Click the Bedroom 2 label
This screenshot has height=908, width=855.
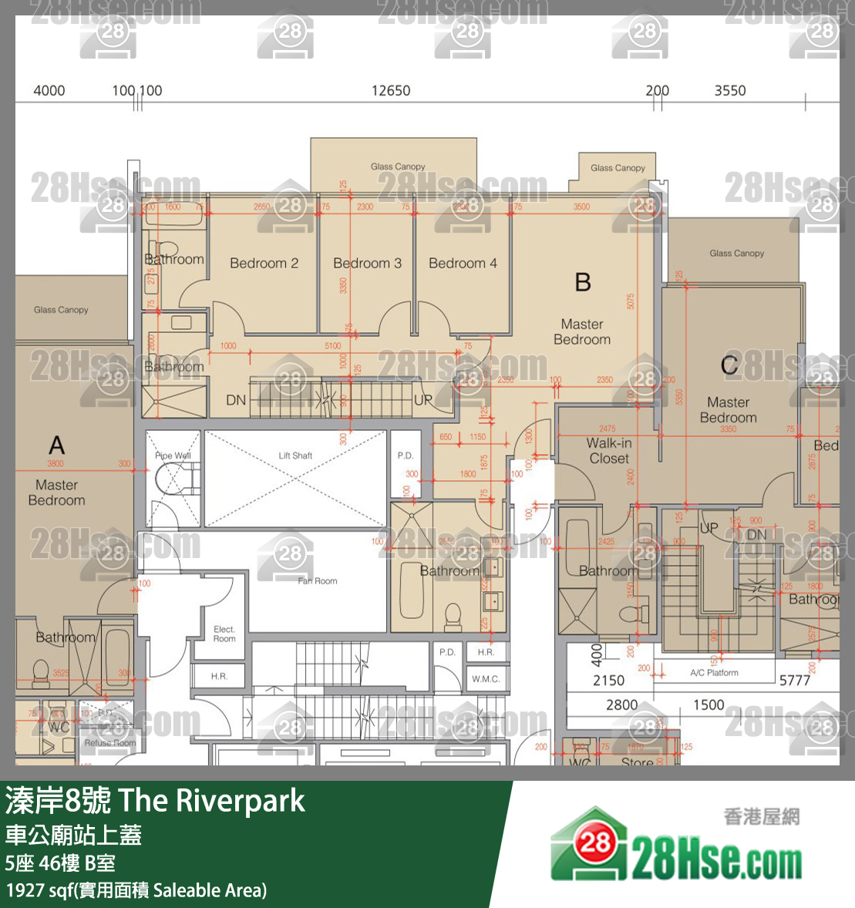pyautogui.click(x=264, y=264)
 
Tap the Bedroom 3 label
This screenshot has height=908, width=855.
pyautogui.click(x=367, y=264)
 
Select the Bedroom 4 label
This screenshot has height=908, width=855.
pyautogui.click(x=463, y=264)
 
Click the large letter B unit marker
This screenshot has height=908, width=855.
pyautogui.click(x=583, y=282)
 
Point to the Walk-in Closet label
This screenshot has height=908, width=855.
pyautogui.click(x=609, y=451)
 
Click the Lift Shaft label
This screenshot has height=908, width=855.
pyautogui.click(x=295, y=456)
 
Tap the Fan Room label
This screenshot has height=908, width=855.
pyautogui.click(x=317, y=581)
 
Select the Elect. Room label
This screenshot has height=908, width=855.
pyautogui.click(x=224, y=634)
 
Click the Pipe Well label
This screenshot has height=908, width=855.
pyautogui.click(x=173, y=456)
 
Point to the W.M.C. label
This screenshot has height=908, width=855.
pyautogui.click(x=486, y=679)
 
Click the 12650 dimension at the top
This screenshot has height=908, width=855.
pyautogui.click(x=391, y=91)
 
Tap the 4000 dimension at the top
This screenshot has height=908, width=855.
pyautogui.click(x=49, y=91)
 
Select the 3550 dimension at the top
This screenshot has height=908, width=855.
pyautogui.click(x=729, y=91)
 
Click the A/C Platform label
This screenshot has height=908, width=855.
pyautogui.click(x=714, y=673)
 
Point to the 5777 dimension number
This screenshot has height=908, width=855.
pyautogui.click(x=794, y=681)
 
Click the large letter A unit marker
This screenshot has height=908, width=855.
pyautogui.click(x=56, y=446)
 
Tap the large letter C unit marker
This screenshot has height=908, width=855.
pyautogui.click(x=729, y=365)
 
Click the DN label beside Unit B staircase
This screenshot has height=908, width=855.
pyautogui.click(x=236, y=400)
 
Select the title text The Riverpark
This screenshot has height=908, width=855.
pyautogui.click(x=212, y=801)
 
